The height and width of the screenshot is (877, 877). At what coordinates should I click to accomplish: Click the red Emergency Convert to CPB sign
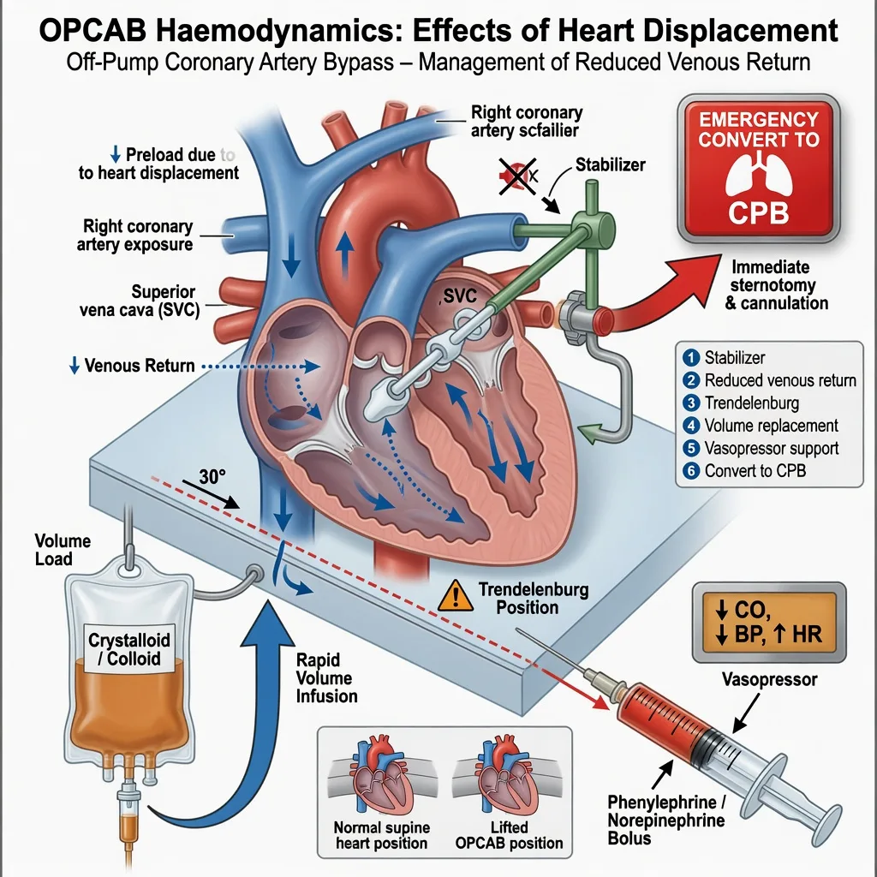click(759, 169)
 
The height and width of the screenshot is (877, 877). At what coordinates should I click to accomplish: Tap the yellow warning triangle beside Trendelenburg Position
click(456, 595)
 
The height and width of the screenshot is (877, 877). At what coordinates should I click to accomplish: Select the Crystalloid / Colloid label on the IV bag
click(129, 649)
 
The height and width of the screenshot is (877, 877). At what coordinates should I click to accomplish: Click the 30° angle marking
click(212, 476)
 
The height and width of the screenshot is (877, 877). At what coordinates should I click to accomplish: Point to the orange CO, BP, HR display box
click(769, 623)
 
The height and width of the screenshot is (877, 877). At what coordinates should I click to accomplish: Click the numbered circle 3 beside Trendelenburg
click(691, 403)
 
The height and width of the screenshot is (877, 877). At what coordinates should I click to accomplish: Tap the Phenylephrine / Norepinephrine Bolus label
click(666, 820)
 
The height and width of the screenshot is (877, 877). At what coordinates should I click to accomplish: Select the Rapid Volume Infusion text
click(326, 678)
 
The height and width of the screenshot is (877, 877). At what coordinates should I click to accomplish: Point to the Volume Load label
click(62, 550)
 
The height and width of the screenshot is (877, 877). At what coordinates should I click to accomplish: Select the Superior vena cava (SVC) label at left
click(140, 301)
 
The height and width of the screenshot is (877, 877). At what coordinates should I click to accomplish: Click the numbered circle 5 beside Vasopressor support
click(691, 448)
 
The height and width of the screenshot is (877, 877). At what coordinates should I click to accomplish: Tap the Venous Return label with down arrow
click(132, 366)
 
